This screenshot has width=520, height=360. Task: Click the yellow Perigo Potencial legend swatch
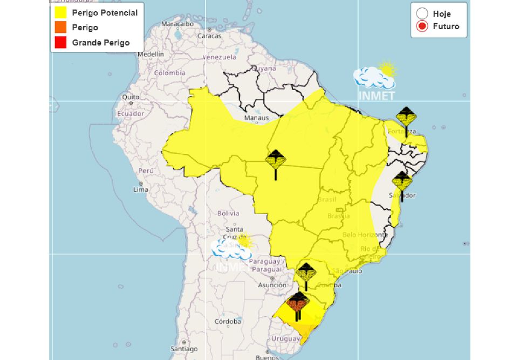click(60, 12)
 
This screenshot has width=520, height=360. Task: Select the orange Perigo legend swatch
click(60, 28)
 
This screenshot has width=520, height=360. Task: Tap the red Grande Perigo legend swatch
click(60, 43)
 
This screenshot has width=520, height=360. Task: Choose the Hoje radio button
click(422, 14)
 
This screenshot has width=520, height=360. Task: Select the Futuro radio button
click(422, 26)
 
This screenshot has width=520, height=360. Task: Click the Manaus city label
click(256, 117)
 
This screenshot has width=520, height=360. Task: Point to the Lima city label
click(140, 190)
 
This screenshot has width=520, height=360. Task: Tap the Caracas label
click(209, 36)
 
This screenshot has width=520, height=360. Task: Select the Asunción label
click(272, 285)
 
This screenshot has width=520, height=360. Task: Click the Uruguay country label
click(286, 339)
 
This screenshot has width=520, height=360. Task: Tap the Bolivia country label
click(228, 213)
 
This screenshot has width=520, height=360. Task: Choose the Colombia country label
click(169, 73)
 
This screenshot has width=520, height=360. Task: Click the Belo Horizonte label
click(365, 235)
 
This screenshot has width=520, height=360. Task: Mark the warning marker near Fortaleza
click(406, 118)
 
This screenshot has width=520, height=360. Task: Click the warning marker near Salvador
click(402, 183)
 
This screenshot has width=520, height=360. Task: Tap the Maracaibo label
click(177, 24)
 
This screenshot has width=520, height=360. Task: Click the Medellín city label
click(150, 54)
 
